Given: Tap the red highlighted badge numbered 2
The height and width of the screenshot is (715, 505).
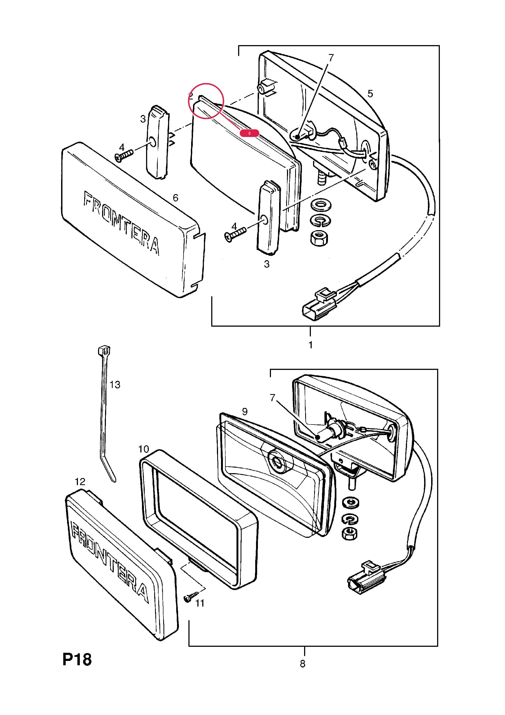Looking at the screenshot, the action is coord(249,133).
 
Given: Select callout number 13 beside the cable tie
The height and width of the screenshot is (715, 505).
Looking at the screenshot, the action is coord(115,385).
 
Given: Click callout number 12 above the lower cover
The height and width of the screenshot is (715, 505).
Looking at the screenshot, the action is coord(80,482).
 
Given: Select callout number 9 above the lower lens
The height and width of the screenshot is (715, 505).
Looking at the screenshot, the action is coord(245,412).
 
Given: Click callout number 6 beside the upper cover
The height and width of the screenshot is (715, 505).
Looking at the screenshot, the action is coord(175,198).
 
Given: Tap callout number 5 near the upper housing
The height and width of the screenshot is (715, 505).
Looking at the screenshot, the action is coord(370,93).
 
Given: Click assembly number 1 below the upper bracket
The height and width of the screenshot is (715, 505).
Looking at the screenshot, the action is coord(310,345).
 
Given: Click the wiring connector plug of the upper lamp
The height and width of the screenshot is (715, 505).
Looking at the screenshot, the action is coord(319,304).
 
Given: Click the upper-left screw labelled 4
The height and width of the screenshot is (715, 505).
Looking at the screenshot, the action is coord(124,155).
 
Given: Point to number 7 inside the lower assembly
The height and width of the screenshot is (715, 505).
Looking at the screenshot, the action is coord(273,398).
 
